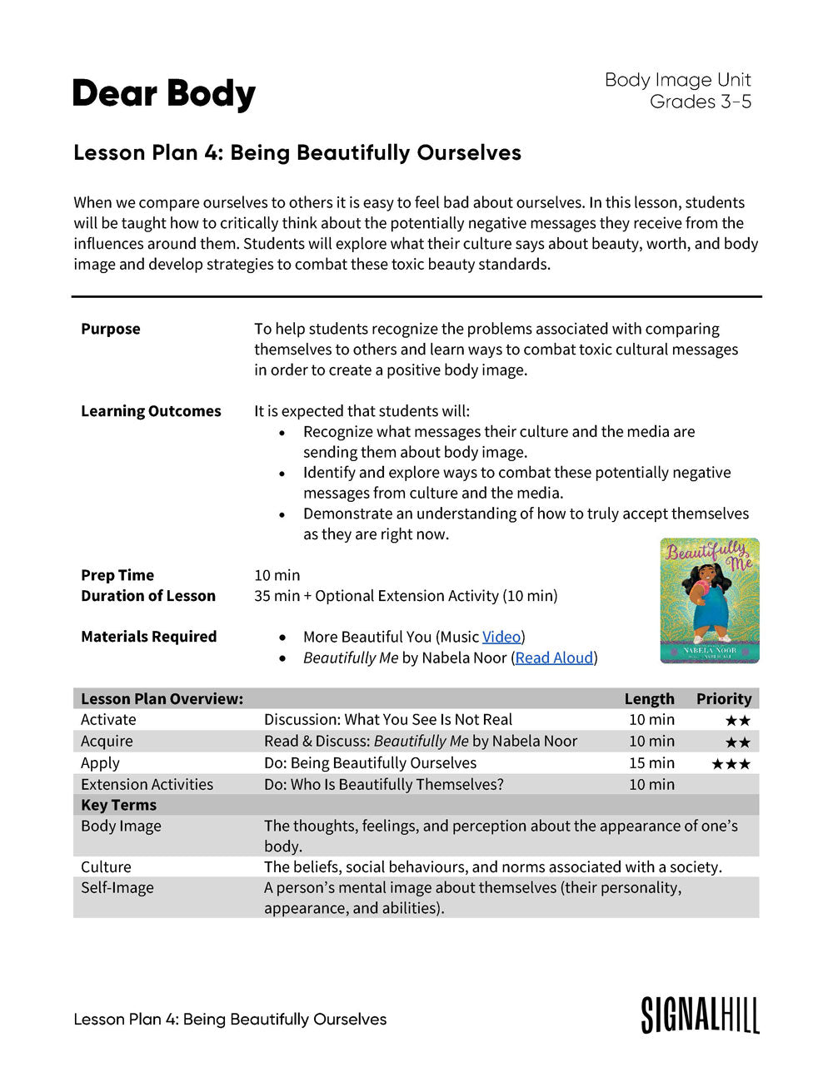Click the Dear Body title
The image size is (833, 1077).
pos(164,94)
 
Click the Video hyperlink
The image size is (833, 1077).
pos(501,637)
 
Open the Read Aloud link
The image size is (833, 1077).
pos(554,658)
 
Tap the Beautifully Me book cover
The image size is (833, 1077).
pos(710,600)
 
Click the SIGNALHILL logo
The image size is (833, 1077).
pos(700,1015)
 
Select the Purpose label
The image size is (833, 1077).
pos(111,329)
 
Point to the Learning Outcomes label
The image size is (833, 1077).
pos(151,411)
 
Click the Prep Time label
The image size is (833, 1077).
pos(117,575)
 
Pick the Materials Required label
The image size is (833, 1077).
pos(148,637)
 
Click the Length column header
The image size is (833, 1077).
pos(650,699)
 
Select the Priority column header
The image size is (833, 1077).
pos(724,699)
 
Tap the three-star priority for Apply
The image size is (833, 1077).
pos(731,764)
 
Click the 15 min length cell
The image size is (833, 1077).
pos(651,763)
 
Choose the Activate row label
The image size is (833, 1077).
pos(108,720)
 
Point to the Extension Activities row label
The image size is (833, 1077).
pos(147,785)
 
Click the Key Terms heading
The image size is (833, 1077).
pos(118,805)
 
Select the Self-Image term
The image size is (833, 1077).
pos(117,888)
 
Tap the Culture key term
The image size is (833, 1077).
pos(106,867)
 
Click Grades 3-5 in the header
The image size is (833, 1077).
pos(701,102)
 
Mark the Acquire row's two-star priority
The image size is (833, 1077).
pos(737,742)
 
